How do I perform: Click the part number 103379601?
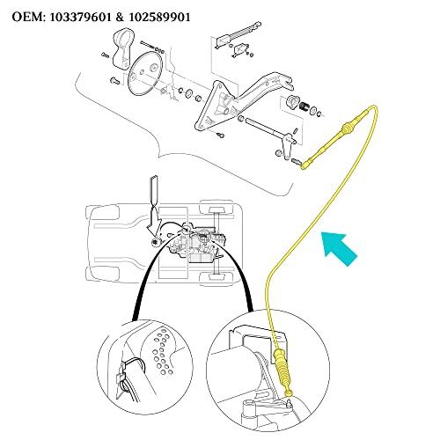[80, 17]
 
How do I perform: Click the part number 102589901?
[159, 17]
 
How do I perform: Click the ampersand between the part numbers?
[120, 17]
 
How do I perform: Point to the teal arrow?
[339, 246]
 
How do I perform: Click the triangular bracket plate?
[216, 107]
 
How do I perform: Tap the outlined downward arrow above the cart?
[153, 205]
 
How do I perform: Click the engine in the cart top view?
[195, 244]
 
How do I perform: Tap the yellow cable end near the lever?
[306, 165]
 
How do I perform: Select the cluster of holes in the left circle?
[163, 351]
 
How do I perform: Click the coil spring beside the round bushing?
[304, 106]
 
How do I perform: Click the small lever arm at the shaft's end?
[287, 147]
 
